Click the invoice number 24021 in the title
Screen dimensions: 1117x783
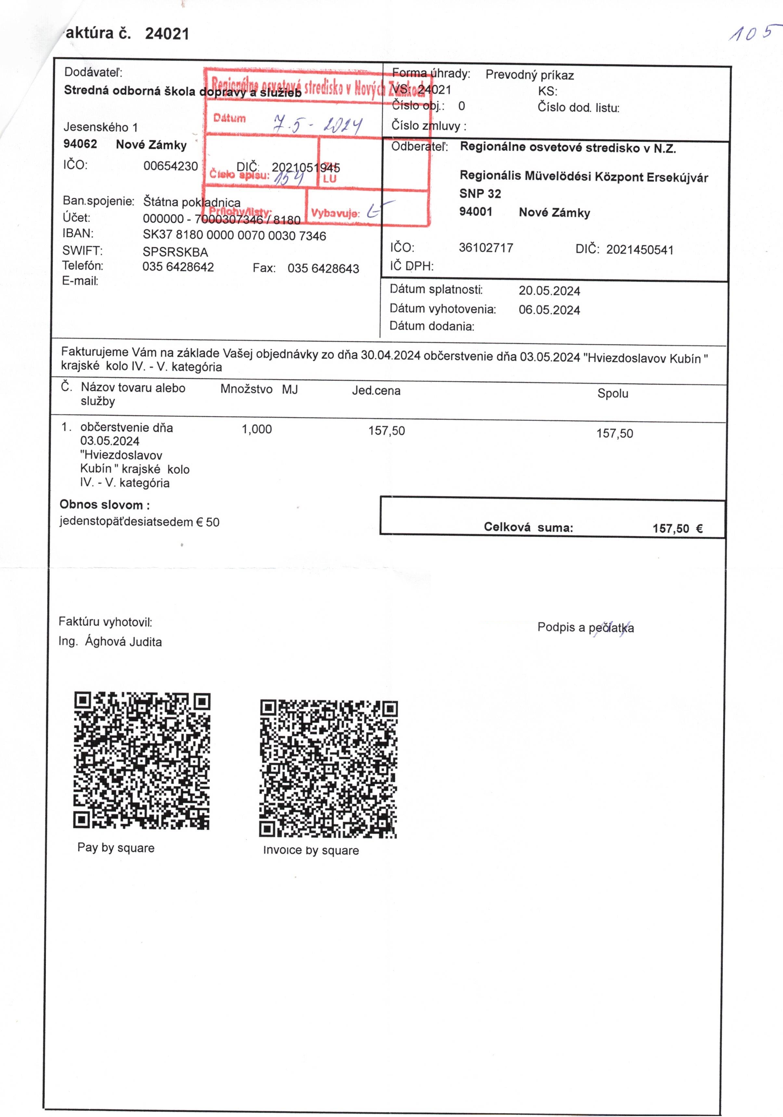tap(167, 33)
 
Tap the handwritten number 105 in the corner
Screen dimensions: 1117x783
tap(750, 33)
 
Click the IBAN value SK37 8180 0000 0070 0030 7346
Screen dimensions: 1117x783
tap(234, 236)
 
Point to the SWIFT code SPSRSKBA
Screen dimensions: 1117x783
tap(175, 252)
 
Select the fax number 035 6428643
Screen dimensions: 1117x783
tap(323, 268)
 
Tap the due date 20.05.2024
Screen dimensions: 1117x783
tap(549, 291)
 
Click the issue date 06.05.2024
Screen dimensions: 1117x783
tap(549, 310)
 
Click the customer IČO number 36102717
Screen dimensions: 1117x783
tap(486, 248)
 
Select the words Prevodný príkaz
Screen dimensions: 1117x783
tap(529, 75)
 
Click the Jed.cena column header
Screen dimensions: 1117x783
tap(376, 391)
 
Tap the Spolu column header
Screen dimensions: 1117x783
tap(613, 393)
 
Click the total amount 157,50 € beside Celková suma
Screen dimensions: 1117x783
tap(677, 529)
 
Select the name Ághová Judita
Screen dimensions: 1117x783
tap(123, 642)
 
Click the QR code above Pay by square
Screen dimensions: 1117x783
tap(142, 760)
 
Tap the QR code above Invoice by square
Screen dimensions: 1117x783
tap(329, 769)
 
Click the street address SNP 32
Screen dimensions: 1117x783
tap(480, 194)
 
